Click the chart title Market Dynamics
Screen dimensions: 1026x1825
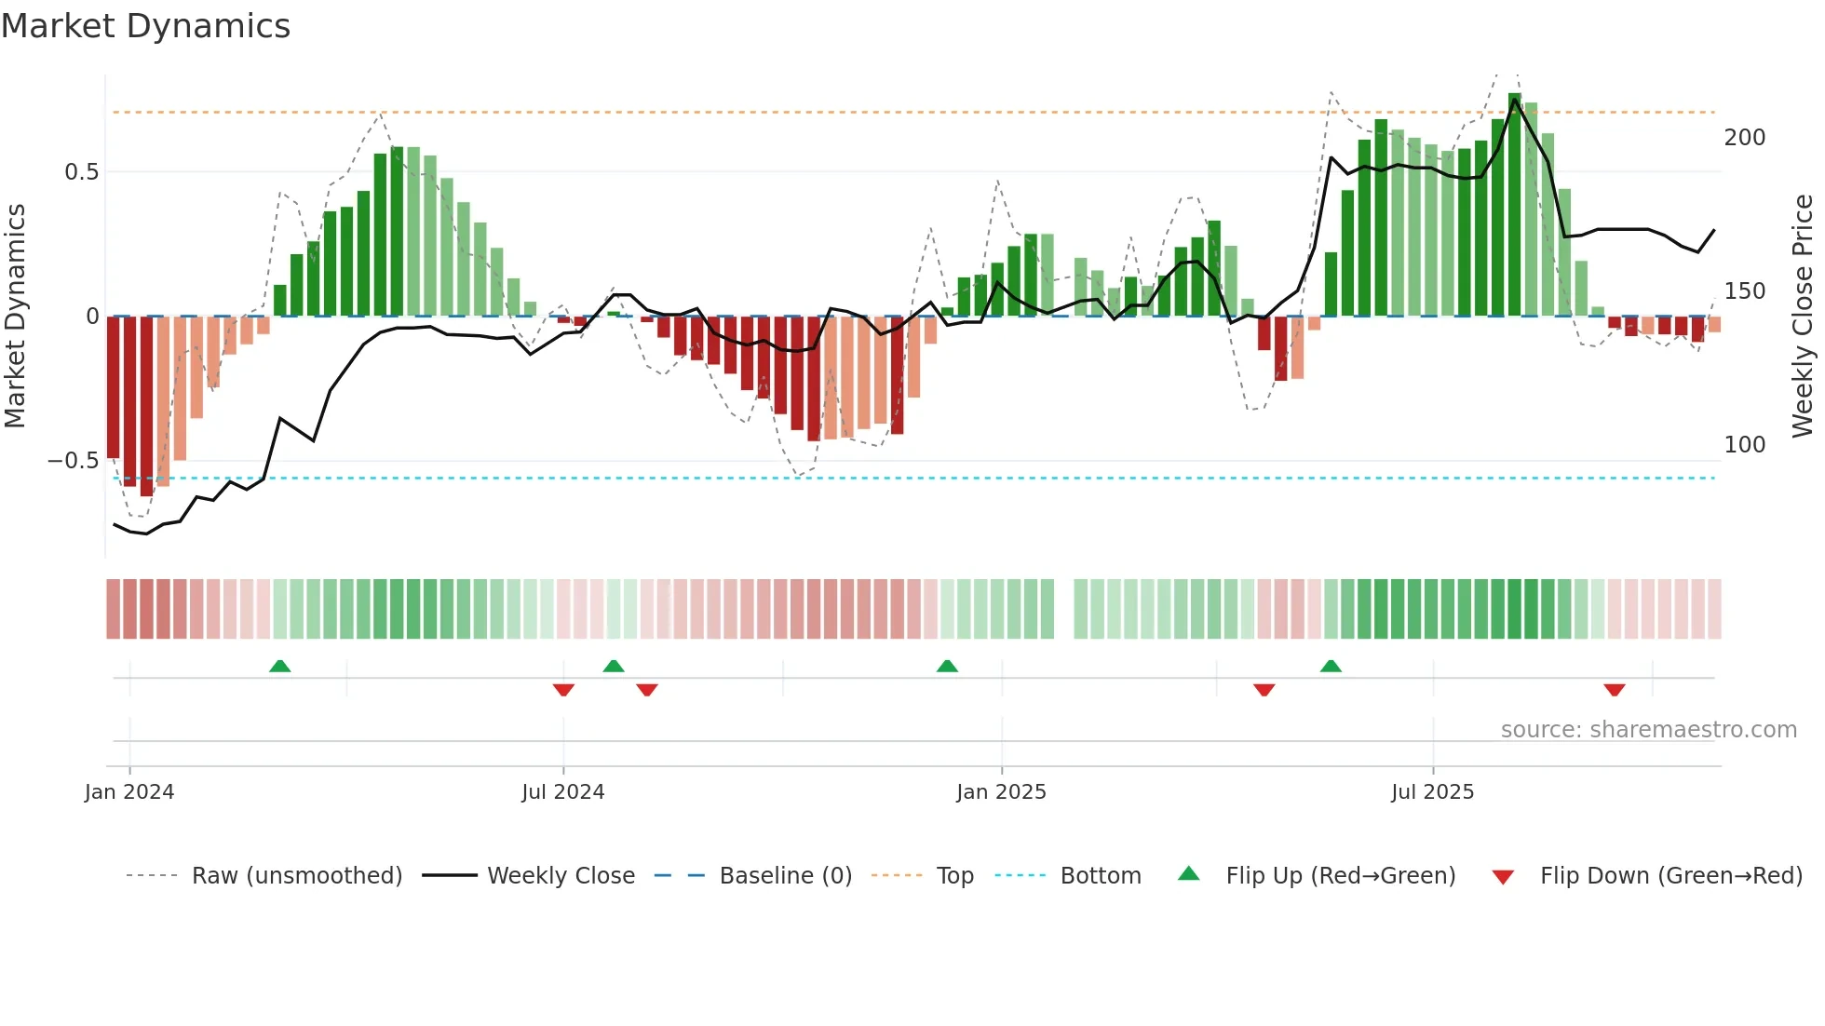click(146, 26)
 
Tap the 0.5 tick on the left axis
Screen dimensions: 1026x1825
click(81, 172)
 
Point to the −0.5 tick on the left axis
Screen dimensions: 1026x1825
click(74, 461)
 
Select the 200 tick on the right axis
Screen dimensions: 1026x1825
click(1744, 138)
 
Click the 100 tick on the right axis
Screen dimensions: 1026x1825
click(1744, 445)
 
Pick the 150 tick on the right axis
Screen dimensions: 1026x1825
click(1744, 291)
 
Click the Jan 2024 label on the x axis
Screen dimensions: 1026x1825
click(129, 792)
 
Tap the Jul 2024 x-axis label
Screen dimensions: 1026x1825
click(563, 792)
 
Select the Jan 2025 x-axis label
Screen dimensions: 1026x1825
click(1001, 792)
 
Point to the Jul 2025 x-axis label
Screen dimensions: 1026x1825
click(1432, 792)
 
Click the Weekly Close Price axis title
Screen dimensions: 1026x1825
click(1803, 316)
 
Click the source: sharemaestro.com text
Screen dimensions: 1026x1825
click(1648, 730)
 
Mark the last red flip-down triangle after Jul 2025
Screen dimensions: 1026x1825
click(1615, 690)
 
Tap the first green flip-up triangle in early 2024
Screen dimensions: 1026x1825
click(279, 666)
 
